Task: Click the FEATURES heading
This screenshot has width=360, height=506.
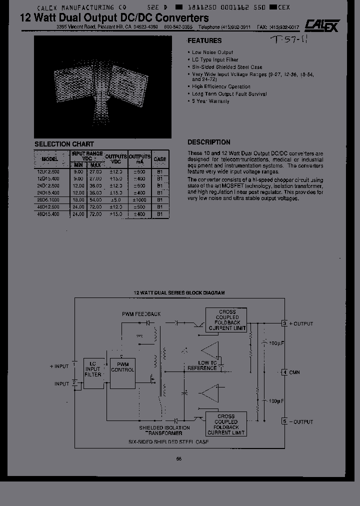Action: point(204,40)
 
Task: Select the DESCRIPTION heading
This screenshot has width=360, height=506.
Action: point(208,142)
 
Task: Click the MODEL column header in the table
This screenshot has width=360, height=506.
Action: point(50,159)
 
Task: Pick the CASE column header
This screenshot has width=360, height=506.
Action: point(160,159)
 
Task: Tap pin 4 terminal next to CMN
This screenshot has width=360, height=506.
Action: point(284,372)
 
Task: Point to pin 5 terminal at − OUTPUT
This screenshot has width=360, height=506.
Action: point(284,421)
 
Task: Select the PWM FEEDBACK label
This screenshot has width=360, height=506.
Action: point(141,313)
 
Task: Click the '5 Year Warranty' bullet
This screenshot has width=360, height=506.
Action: point(210,101)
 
